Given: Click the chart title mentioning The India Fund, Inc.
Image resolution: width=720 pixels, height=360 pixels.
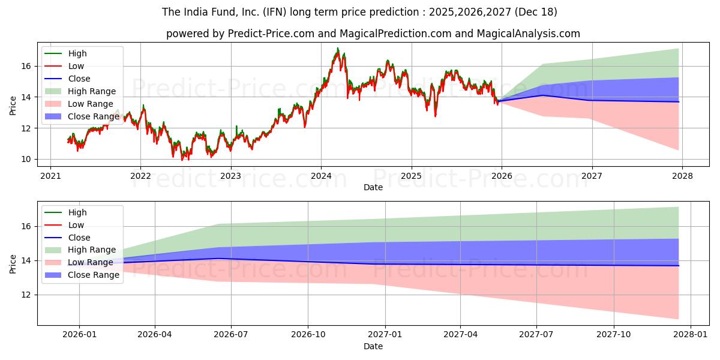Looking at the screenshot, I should point(359,12).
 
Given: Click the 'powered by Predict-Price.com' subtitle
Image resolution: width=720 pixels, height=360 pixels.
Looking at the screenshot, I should point(373,34).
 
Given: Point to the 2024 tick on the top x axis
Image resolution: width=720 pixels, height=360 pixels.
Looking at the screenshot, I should point(321,176).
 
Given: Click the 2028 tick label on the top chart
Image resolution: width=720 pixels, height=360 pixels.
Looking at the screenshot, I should point(682,176).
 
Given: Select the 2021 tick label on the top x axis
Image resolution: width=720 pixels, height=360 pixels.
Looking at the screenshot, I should point(50,176).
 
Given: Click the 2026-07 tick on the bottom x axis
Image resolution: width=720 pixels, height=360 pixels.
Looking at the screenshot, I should point(232,335).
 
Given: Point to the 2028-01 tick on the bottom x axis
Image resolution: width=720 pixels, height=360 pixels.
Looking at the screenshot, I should point(691,335).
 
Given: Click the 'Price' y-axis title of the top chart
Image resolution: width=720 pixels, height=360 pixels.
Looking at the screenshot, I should point(13,106).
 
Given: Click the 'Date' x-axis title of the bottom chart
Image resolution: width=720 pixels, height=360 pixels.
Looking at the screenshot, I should point(373,346).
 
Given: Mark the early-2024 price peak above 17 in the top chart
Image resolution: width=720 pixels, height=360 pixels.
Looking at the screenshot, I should point(338,49).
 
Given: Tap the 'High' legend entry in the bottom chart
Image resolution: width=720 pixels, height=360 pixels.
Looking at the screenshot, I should point(77,212).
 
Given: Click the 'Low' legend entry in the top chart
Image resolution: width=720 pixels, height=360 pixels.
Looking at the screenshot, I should point(76,66).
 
